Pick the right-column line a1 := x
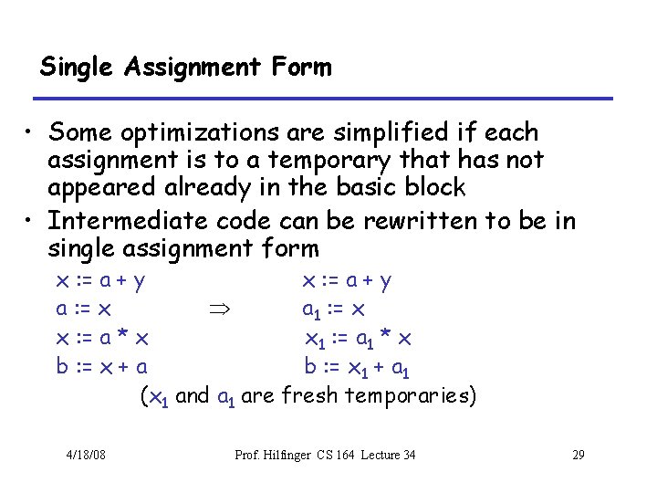pos(334,310)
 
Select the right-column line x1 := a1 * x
pos(359,340)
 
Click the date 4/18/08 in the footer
pos(86,455)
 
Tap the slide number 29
pos(578,455)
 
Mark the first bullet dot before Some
pos(31,134)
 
